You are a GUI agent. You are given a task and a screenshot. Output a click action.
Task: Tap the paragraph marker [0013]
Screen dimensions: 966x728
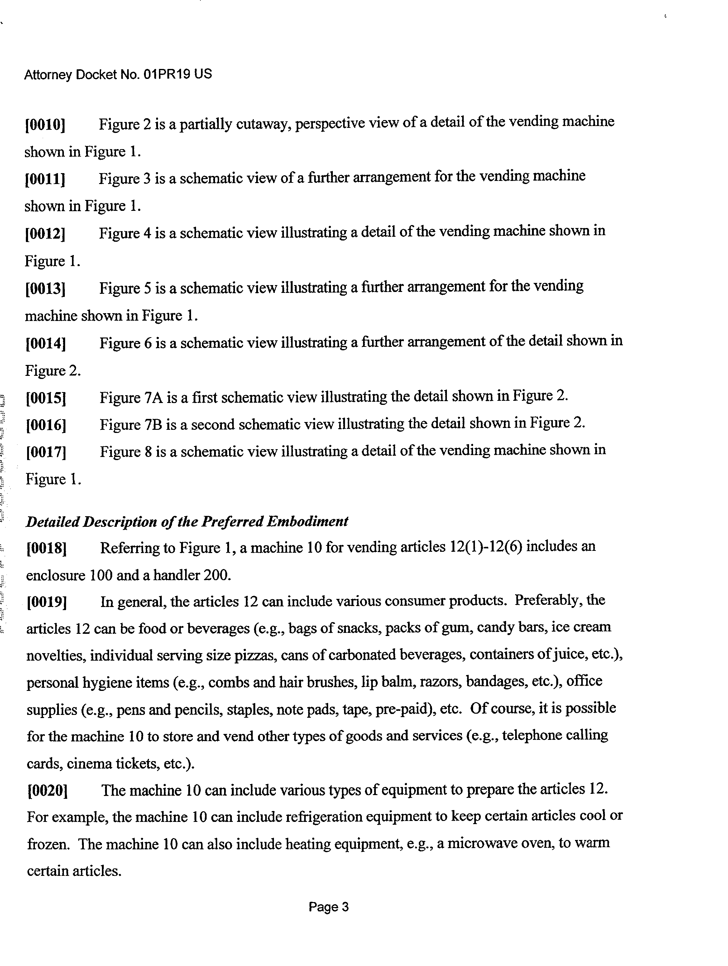[45, 289]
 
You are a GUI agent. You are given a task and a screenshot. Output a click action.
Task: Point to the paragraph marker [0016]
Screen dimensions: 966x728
[46, 425]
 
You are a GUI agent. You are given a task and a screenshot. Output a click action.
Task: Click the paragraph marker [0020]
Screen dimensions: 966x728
[47, 791]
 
